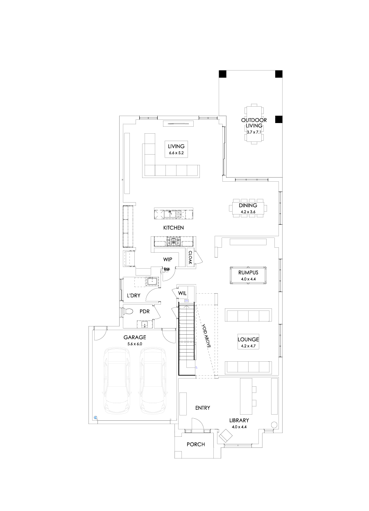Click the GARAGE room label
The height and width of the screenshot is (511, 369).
135,337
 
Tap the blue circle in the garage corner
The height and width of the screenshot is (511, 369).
95,418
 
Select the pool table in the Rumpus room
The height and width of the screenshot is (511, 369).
247,275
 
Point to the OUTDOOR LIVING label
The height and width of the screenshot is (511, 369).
254,123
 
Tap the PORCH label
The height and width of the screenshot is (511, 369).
195,444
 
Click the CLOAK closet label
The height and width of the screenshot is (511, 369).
190,257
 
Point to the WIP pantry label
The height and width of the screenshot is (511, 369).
167,259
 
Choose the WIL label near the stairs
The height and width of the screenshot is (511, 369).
182,294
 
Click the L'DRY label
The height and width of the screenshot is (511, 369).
134,295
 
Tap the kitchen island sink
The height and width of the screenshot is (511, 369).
177,213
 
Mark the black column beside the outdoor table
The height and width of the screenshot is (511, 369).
278,119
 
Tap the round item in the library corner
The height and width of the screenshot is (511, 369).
274,425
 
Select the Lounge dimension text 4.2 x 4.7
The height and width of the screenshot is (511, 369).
249,347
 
